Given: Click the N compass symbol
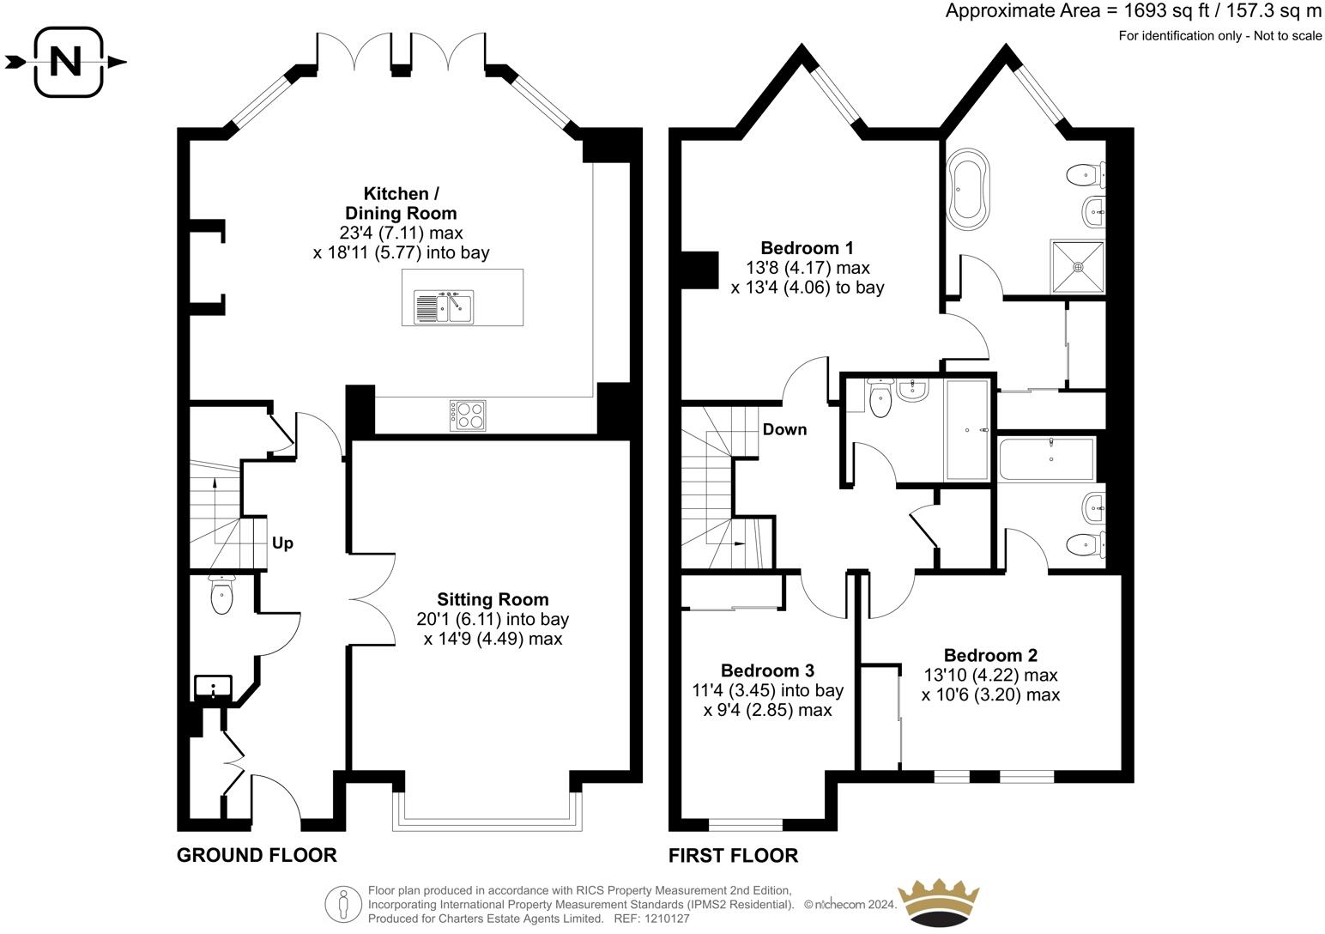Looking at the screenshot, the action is (66, 62).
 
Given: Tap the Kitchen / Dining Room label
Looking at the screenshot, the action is (401, 203).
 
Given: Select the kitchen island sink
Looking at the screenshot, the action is (445, 306).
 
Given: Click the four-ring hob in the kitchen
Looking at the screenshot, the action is (468, 415).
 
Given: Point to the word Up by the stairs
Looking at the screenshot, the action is (282, 543).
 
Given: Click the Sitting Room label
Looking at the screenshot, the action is (493, 599).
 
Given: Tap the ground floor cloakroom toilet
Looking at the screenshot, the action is (221, 594).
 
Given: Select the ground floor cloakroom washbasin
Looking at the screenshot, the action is (213, 688).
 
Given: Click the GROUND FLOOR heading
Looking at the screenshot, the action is (257, 855).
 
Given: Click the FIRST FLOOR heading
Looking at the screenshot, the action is (734, 855).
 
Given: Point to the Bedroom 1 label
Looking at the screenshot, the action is (807, 247).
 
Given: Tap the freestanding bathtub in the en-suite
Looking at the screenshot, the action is (968, 185).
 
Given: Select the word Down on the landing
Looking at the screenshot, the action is (785, 429).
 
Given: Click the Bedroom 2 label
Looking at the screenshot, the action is (991, 655).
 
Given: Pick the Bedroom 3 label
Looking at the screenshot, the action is (768, 670).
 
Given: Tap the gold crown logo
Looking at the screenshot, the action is (938, 903).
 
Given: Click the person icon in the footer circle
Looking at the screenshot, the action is (343, 904).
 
